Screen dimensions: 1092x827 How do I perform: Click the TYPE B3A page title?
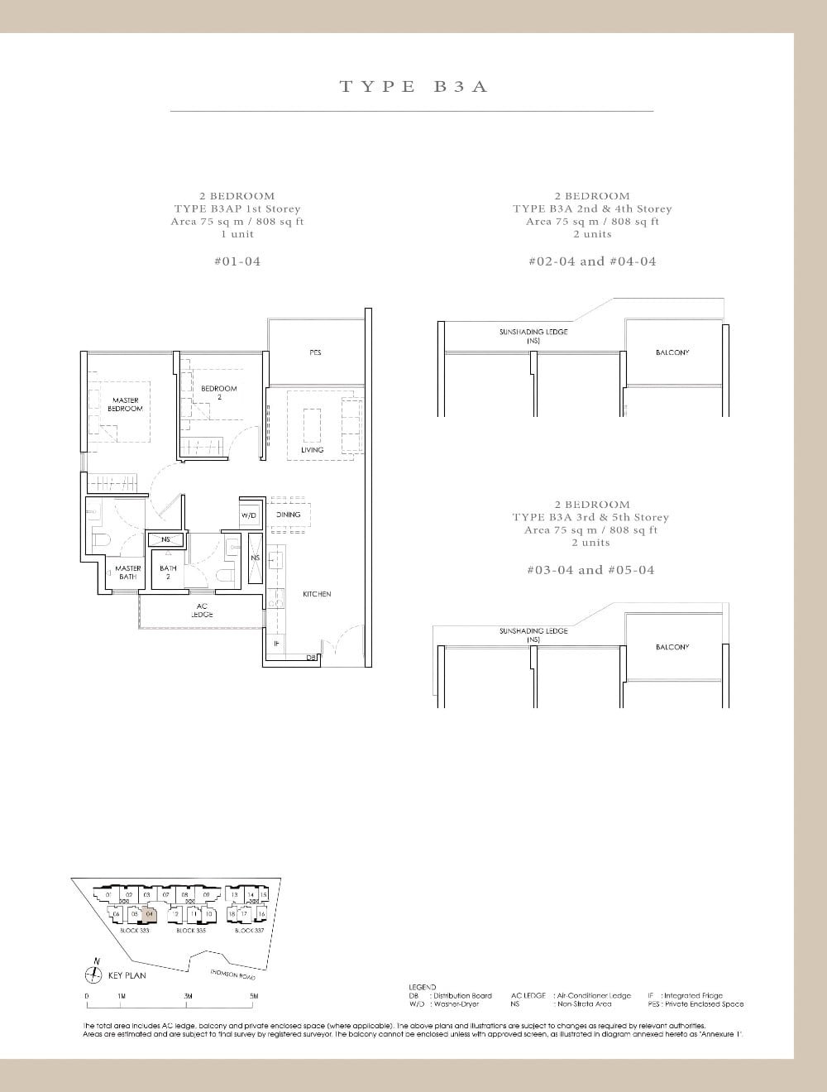click(x=413, y=86)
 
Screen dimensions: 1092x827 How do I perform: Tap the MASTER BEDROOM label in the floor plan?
click(x=127, y=405)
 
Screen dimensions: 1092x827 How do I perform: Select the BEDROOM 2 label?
click(x=218, y=392)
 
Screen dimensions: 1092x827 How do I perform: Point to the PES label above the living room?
click(x=315, y=353)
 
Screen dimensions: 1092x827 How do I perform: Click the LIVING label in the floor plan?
click(x=313, y=450)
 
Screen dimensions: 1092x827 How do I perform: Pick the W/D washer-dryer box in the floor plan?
click(x=249, y=515)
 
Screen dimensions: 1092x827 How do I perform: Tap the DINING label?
click(x=288, y=515)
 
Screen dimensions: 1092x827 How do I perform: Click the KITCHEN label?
click(x=317, y=594)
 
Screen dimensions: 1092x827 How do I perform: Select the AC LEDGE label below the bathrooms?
click(x=202, y=611)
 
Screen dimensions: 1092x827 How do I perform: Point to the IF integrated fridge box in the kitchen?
click(x=276, y=643)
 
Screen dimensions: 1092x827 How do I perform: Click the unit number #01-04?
click(x=237, y=261)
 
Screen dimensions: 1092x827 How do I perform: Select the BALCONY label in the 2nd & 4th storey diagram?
click(x=672, y=352)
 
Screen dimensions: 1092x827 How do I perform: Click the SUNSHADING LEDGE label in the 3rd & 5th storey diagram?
click(x=533, y=635)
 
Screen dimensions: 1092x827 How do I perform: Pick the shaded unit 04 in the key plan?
click(x=149, y=913)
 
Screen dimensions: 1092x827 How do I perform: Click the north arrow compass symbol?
click(x=96, y=975)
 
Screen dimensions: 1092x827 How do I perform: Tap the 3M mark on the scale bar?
click(x=188, y=996)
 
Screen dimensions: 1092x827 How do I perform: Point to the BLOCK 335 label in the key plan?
click(x=190, y=931)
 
